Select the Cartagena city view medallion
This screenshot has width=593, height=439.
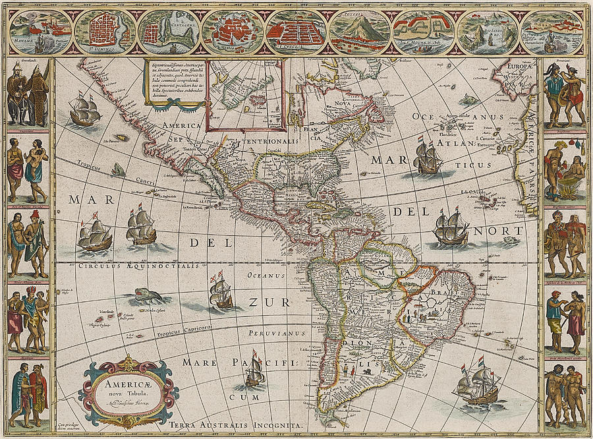pos(169,32)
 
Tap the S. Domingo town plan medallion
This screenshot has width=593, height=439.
pos(105,32)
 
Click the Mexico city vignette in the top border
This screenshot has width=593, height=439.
pos(233,32)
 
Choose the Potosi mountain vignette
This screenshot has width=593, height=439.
pos(359,32)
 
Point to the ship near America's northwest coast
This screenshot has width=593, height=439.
pos(84,110)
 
